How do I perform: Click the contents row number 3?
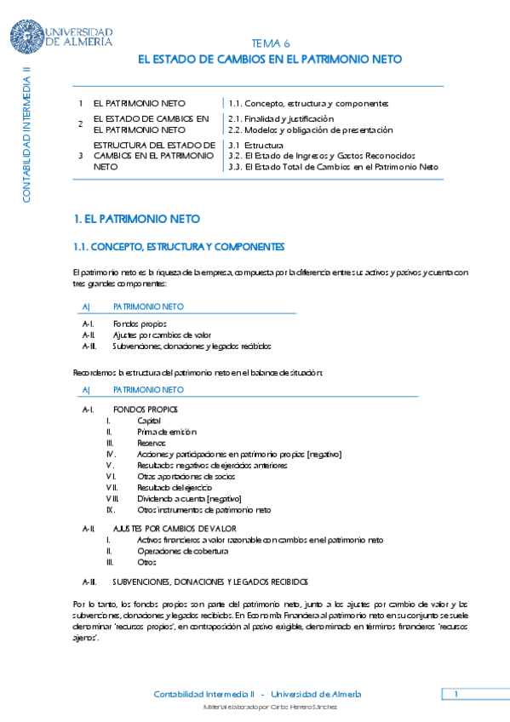[x=80, y=156]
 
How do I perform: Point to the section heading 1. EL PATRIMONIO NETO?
[x=125, y=219]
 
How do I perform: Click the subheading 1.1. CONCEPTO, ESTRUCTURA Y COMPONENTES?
[x=179, y=247]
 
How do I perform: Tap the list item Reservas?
[x=151, y=444]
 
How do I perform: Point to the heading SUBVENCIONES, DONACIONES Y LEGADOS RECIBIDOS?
[x=209, y=582]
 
